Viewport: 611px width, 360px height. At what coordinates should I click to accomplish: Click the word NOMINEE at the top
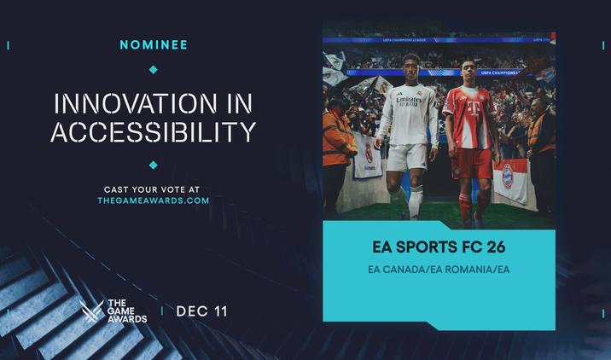tap(154, 44)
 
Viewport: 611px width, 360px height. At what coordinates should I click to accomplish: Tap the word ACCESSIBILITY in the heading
tap(154, 133)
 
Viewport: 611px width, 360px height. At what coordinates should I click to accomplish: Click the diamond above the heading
tap(154, 70)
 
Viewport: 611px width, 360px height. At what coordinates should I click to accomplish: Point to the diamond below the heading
tap(154, 165)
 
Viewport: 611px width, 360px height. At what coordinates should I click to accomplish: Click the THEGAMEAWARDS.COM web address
tap(154, 200)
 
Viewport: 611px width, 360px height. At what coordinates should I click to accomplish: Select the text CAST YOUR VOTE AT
tap(154, 188)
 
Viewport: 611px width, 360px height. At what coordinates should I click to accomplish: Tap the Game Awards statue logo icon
tap(91, 311)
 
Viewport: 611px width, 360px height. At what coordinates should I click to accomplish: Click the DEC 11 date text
tap(201, 311)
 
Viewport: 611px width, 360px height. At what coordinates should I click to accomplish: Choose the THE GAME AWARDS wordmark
tap(126, 311)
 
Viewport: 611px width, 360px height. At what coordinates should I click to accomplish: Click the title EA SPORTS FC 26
tap(439, 247)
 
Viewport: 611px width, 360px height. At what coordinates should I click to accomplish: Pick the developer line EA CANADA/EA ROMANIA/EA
tap(439, 270)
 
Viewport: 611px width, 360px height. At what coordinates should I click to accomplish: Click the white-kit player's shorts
tap(406, 156)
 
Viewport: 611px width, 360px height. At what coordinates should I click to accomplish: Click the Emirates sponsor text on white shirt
tap(409, 101)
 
